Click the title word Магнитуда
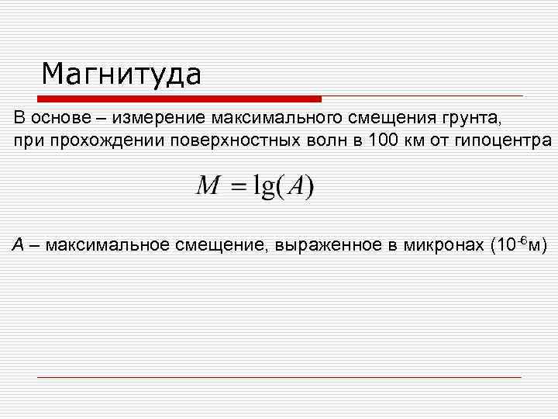pos(122,75)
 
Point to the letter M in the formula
pos(208,186)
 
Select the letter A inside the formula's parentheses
pos(296,186)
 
